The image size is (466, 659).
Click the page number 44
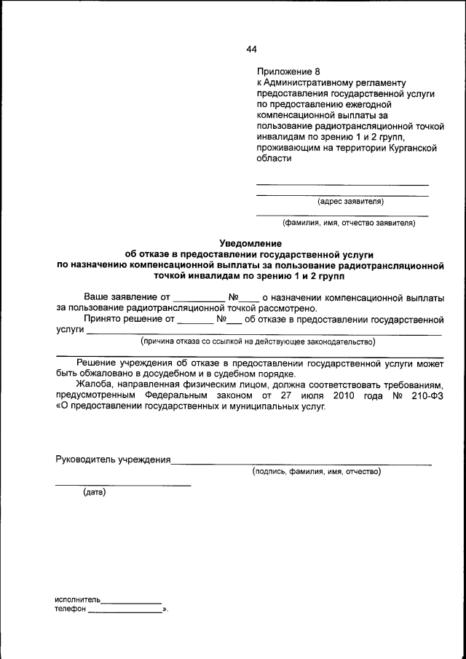coord(251,50)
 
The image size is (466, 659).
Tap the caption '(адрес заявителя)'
coord(350,202)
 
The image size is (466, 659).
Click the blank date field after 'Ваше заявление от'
coord(200,298)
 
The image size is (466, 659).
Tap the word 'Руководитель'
coord(87,459)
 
